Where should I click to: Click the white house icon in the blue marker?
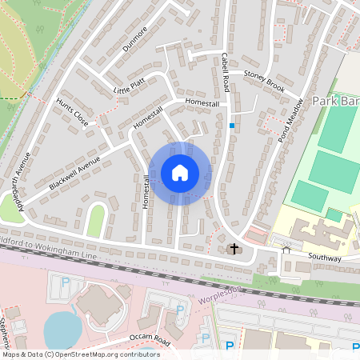180,173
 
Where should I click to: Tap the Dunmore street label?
135,39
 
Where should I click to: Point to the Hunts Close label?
72,114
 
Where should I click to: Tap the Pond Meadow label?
291,118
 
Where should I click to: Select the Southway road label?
324,258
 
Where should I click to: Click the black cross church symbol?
234,249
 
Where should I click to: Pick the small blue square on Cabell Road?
232,125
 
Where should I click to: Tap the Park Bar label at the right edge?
335,102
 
